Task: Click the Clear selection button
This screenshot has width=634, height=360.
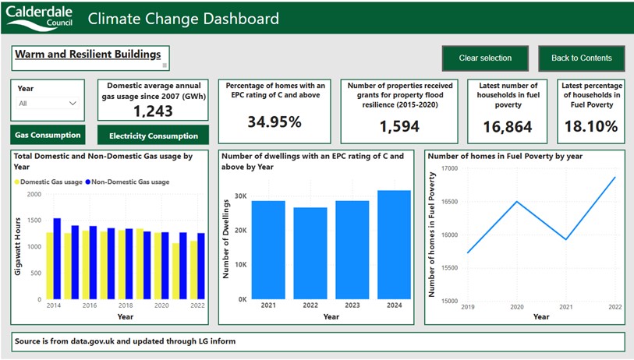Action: tap(485, 58)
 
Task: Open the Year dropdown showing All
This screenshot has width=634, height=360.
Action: tap(48, 103)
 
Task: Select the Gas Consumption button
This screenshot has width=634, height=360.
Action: tap(48, 135)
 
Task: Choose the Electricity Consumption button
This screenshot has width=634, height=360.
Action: tap(154, 136)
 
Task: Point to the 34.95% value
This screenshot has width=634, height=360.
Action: tap(274, 122)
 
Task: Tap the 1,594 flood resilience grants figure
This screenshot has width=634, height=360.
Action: tap(399, 126)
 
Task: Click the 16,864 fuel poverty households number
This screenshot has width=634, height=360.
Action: tap(507, 126)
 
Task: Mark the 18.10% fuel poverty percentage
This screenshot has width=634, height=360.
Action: tap(590, 126)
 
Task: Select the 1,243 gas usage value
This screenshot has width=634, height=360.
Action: tap(154, 111)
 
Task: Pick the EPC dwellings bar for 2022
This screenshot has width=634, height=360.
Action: tap(310, 252)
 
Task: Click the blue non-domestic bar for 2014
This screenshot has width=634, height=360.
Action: tap(57, 258)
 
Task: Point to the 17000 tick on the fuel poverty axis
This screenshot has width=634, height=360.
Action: tap(449, 168)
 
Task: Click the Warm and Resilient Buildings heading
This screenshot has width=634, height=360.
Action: tap(87, 55)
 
